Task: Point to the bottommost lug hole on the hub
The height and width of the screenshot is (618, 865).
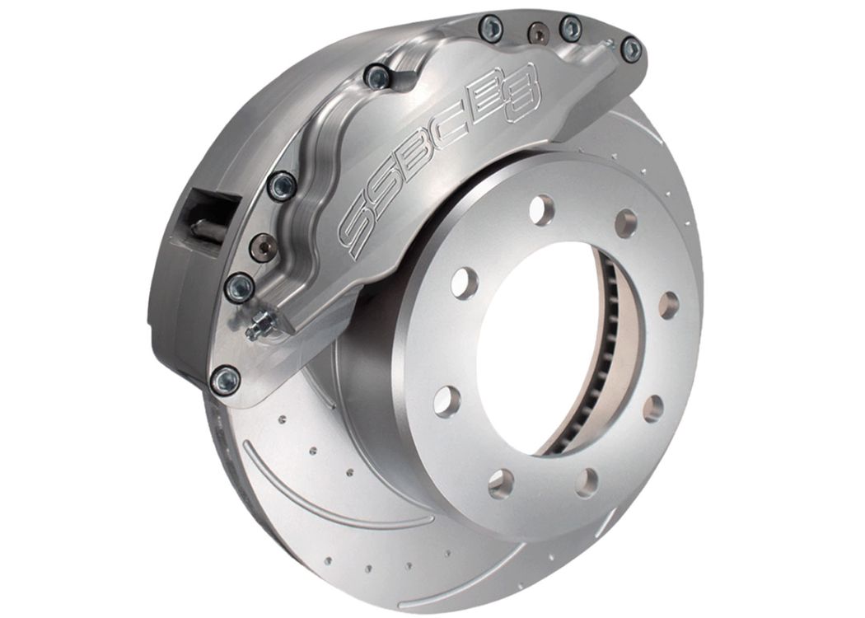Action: [x=499, y=483]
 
